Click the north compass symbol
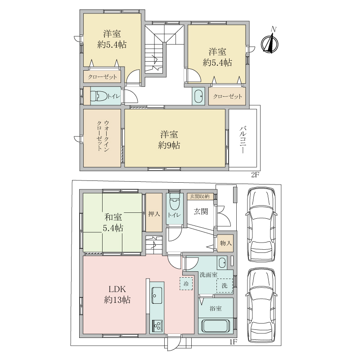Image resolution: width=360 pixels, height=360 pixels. [270, 43]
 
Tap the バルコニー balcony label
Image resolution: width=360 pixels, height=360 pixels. [243, 139]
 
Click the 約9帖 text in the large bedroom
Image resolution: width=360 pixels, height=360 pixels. [169, 145]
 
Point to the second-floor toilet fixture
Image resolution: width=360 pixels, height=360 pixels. [99, 96]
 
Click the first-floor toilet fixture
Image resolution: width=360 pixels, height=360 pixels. [175, 202]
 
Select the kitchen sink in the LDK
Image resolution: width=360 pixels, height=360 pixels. [157, 296]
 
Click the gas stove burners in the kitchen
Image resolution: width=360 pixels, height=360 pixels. [157, 325]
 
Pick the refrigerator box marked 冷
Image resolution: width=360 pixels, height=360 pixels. [186, 284]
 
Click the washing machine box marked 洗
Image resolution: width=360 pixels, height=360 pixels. [225, 285]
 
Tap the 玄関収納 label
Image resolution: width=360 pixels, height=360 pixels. [199, 196]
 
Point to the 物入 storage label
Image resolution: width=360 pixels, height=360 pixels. [226, 243]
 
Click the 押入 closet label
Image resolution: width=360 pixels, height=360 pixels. [154, 214]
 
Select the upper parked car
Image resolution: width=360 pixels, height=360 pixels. [261, 224]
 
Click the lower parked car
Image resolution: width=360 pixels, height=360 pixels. [261, 306]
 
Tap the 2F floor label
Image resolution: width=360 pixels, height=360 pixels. [255, 175]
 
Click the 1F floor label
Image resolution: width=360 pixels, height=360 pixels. [233, 342]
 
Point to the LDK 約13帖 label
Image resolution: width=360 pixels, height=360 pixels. [117, 294]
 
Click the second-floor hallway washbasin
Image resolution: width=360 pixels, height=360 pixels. [198, 96]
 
